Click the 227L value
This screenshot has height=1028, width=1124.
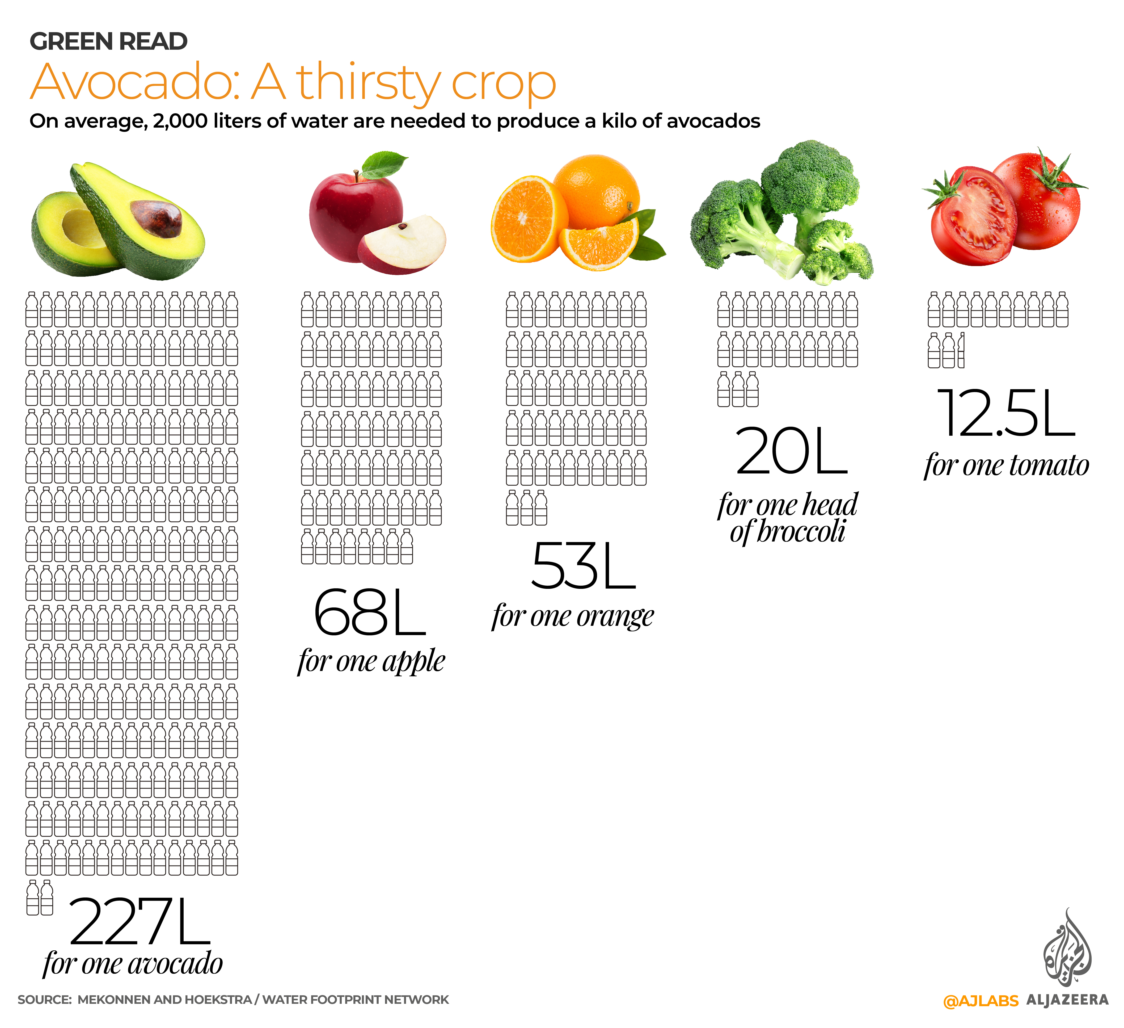pyautogui.click(x=140, y=923)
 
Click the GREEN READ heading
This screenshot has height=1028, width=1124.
pyautogui.click(x=109, y=42)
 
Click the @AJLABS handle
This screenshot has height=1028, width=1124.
pyautogui.click(x=980, y=1001)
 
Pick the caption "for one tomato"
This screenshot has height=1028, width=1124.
pyautogui.click(x=1006, y=466)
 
